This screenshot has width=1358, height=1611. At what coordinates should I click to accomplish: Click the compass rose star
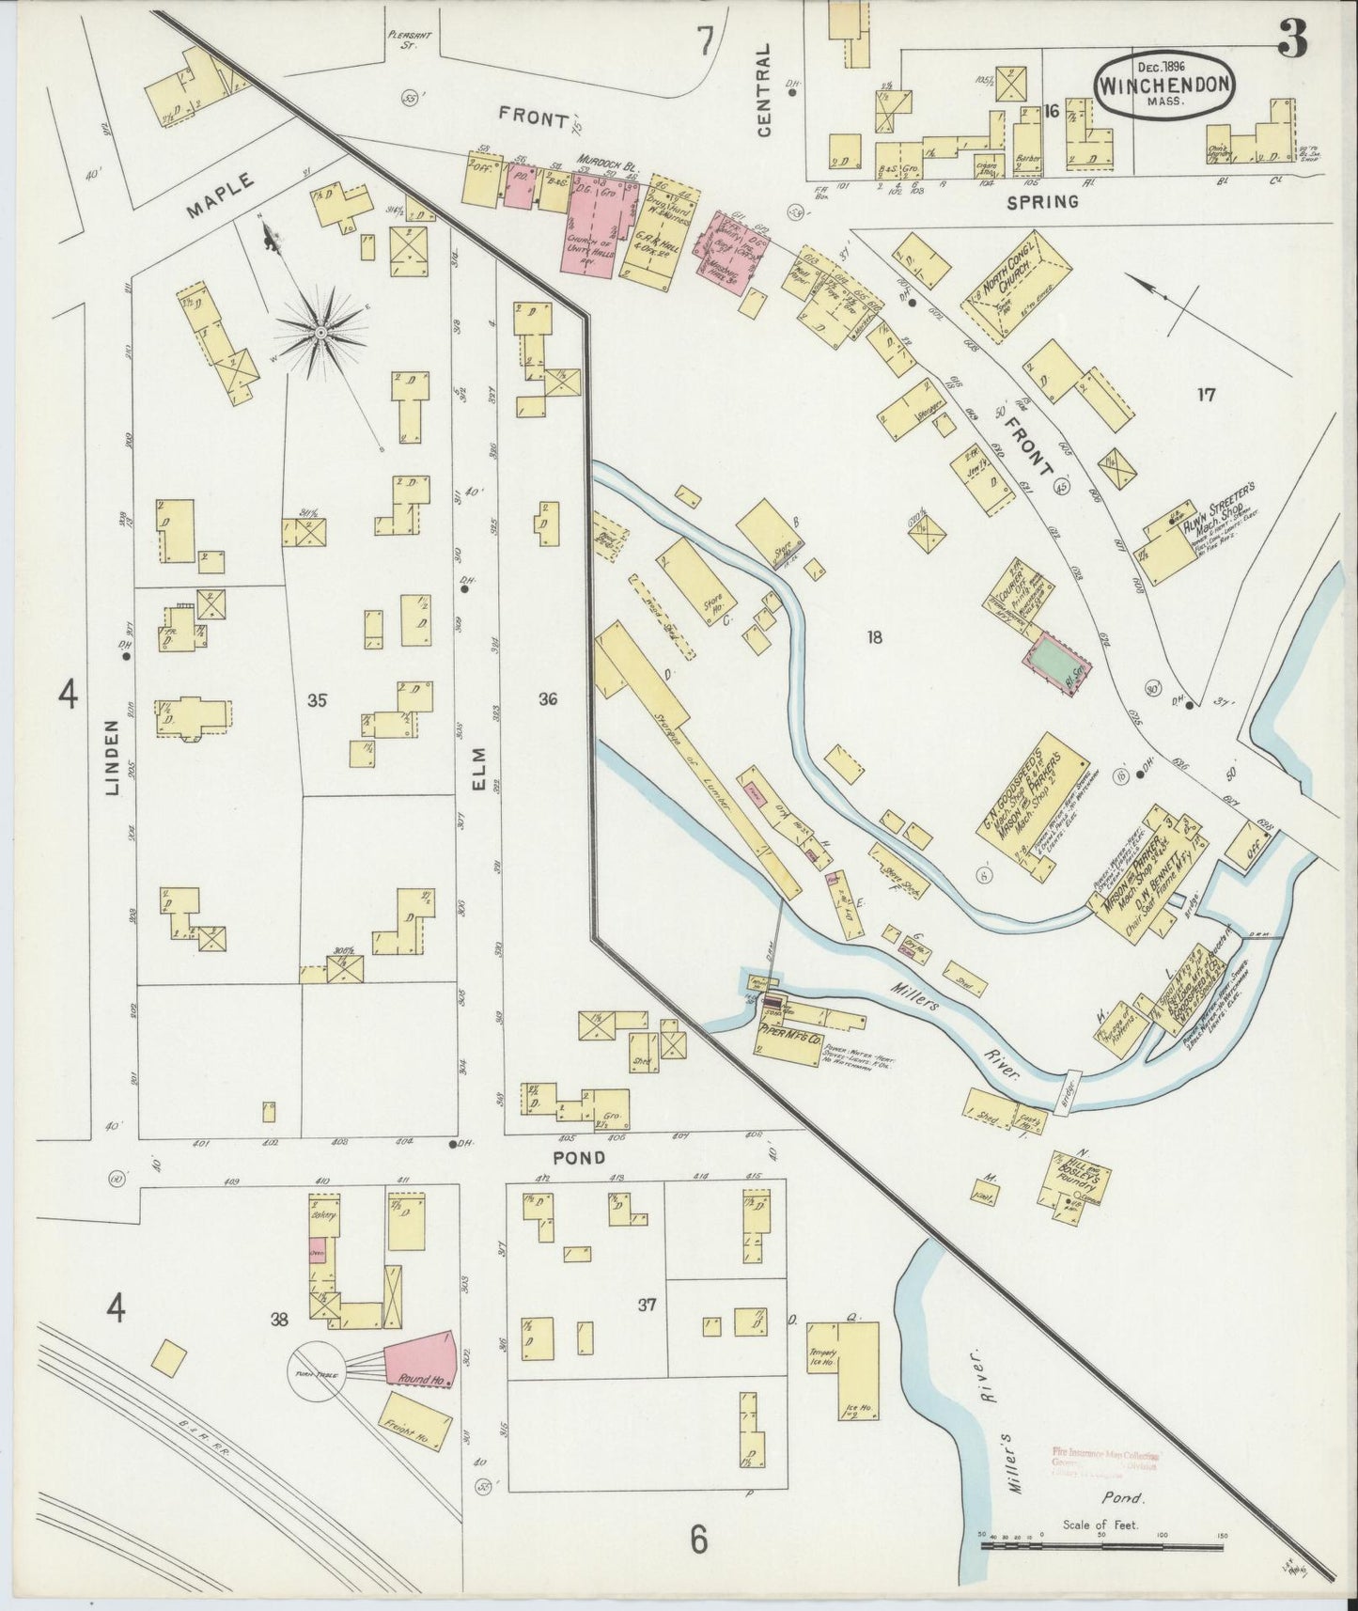click(320, 333)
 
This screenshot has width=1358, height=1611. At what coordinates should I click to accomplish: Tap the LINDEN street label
click(114, 758)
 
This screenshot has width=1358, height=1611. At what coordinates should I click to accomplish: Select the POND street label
click(579, 1158)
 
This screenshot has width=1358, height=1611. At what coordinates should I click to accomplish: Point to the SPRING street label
click(1040, 201)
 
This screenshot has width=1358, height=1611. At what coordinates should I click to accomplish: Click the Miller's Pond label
click(1127, 1498)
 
